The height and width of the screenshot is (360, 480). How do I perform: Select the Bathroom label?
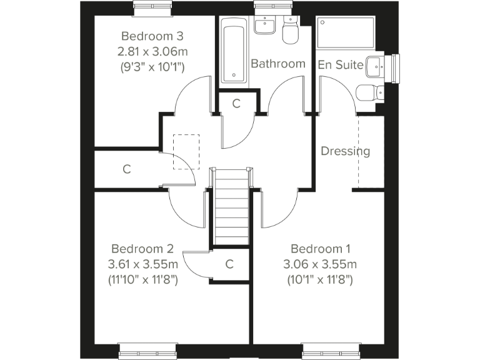277,64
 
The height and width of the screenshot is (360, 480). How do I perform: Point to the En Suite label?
341,64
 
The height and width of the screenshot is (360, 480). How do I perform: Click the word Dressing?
345,151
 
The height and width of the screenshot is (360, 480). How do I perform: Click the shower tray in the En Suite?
346,33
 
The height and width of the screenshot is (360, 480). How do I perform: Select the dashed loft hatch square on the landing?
186,151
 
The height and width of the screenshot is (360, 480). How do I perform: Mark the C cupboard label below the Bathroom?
236,104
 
